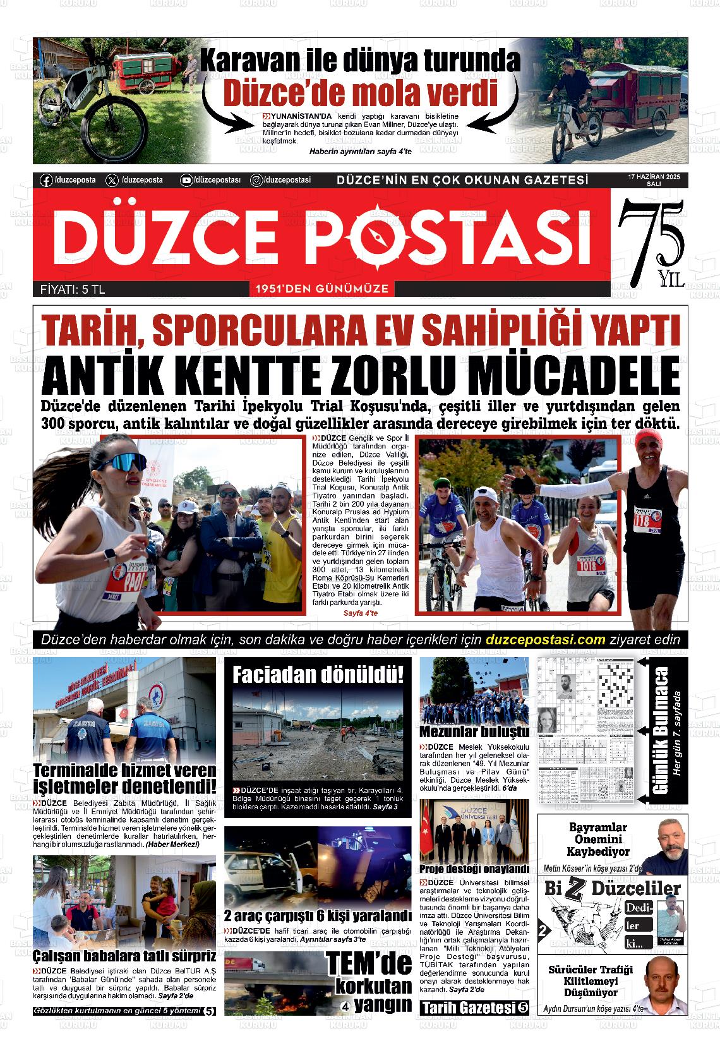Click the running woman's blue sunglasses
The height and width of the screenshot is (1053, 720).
120,462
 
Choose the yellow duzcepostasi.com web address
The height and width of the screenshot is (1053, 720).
546,639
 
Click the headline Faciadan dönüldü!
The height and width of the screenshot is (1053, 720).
318,675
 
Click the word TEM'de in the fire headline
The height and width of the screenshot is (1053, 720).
369,963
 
